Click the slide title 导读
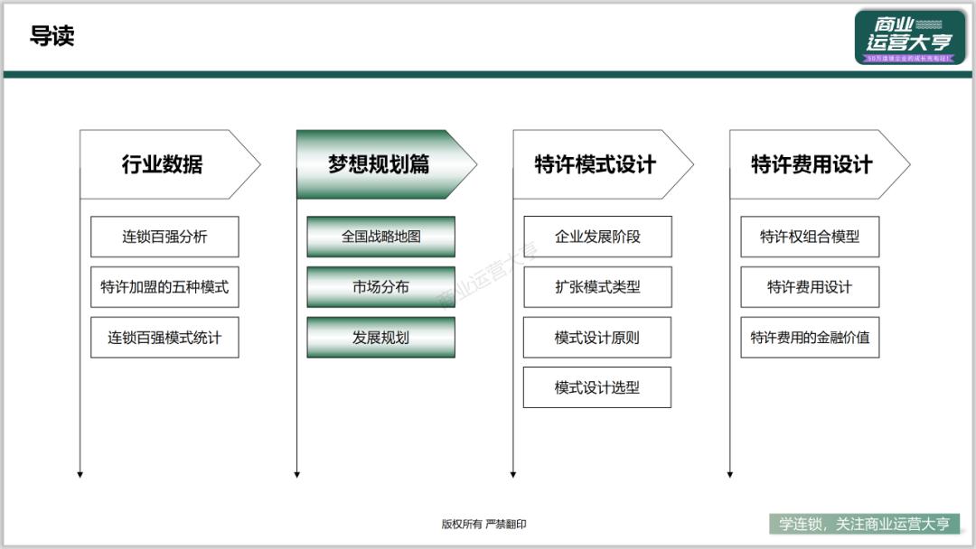(x=52, y=36)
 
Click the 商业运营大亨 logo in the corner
(x=909, y=37)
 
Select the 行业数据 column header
(x=163, y=164)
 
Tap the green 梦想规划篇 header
(x=379, y=164)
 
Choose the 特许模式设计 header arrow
(x=596, y=164)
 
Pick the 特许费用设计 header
(x=812, y=164)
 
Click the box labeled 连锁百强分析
(x=164, y=237)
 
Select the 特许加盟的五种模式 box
(x=164, y=287)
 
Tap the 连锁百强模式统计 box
(x=164, y=338)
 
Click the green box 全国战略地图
(x=380, y=237)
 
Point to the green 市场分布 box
(x=380, y=287)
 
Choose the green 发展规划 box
(x=380, y=338)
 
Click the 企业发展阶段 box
(x=597, y=237)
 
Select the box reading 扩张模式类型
(x=597, y=287)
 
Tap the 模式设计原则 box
(x=597, y=338)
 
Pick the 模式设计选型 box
(x=597, y=387)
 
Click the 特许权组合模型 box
(x=810, y=237)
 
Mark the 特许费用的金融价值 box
(x=810, y=338)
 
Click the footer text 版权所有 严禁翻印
(x=483, y=524)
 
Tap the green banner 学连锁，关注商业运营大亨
(x=865, y=524)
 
